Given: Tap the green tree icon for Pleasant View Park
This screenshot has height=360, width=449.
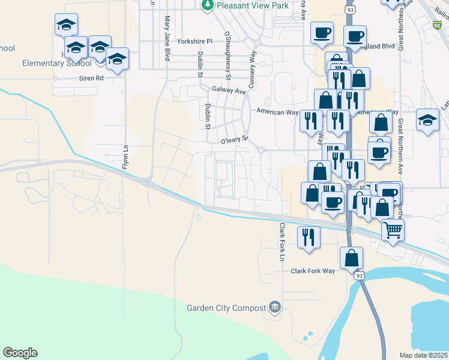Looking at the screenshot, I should point(207,5).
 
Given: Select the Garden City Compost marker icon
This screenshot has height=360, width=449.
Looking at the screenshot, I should point(275,307).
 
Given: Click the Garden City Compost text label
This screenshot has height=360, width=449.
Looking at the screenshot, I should point(226,308).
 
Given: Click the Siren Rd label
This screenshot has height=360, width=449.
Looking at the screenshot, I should point(91,78).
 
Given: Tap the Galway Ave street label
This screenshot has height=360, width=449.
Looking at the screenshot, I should point(229,91).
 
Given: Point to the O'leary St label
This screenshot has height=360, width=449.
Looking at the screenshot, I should point(234,142).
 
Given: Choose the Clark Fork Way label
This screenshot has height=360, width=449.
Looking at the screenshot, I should point(313,271).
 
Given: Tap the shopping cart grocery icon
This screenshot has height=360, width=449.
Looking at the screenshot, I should point(393,229).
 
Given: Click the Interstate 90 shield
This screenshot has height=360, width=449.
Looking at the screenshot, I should point(436,25).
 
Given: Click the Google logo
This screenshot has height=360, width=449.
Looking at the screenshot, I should point(20,353).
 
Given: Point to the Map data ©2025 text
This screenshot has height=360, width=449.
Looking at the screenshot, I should point(423,355).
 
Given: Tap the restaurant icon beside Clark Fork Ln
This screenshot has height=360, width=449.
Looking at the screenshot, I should point(309,236).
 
